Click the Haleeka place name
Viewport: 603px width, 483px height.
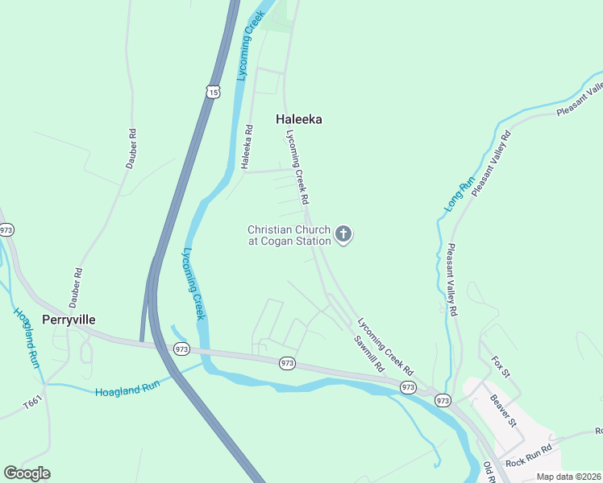[299, 119]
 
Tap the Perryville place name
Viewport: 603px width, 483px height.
[69, 320]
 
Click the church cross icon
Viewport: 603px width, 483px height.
[343, 235]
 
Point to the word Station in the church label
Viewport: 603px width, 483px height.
[313, 241]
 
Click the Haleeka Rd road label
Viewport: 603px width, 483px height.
[247, 147]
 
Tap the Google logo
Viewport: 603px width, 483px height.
[27, 473]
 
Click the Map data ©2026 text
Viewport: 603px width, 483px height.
[568, 477]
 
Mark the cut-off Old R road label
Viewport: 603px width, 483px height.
[489, 473]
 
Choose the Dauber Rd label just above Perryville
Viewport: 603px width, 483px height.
[77, 283]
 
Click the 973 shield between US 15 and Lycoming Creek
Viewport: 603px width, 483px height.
[181, 349]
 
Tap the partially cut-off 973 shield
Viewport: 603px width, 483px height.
[6, 230]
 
